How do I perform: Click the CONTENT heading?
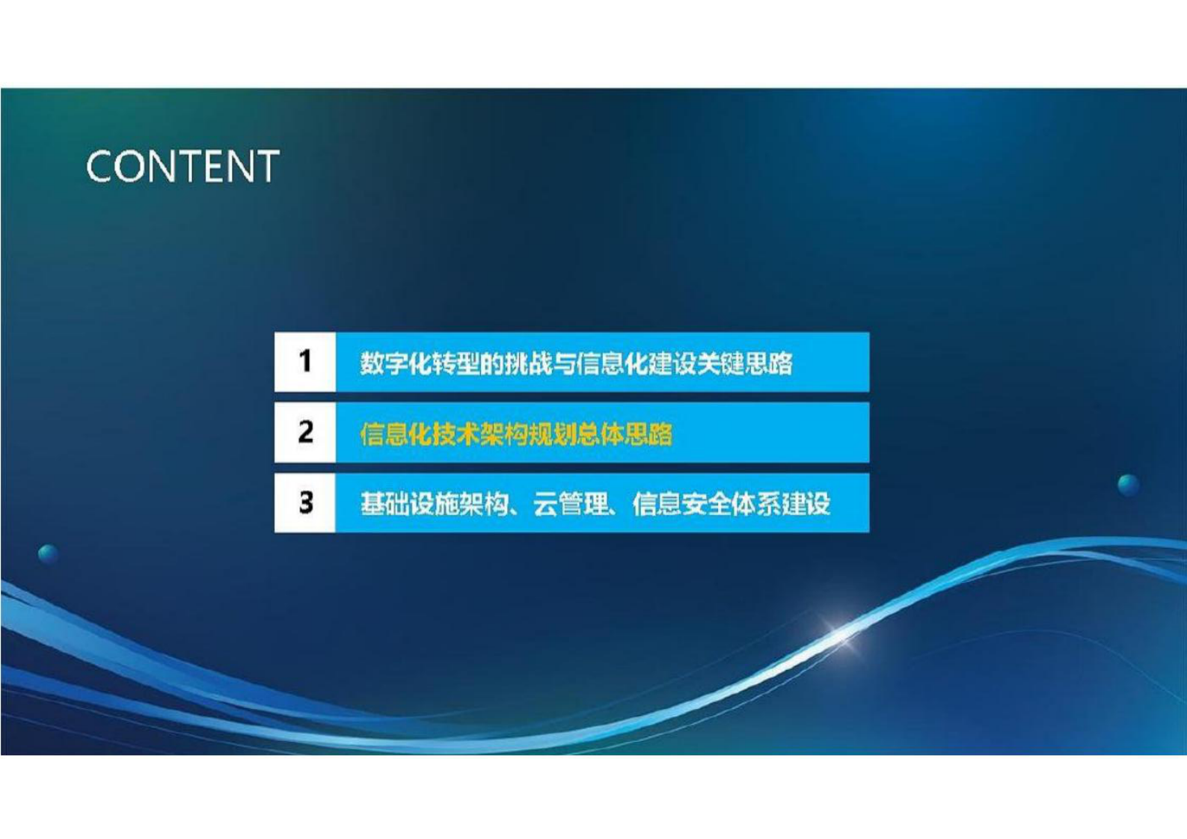[183, 166]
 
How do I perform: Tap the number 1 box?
[305, 362]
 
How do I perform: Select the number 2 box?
[305, 432]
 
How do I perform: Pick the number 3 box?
[305, 503]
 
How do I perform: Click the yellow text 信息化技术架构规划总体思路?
[516, 434]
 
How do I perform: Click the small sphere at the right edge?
[1128, 485]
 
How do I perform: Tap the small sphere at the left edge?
[48, 554]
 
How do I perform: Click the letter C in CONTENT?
[101, 166]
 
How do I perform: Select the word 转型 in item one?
[456, 363]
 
